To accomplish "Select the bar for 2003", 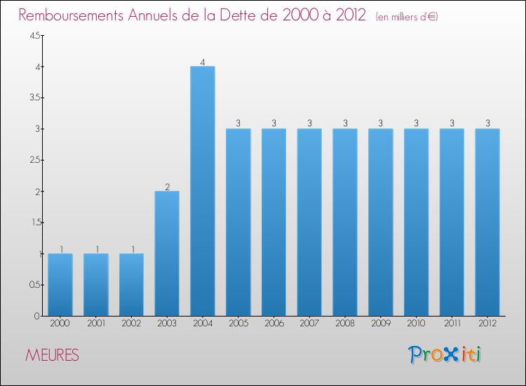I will (167, 253).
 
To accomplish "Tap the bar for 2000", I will (60, 284).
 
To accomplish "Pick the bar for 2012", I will (487, 222).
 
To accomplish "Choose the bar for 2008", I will (345, 222).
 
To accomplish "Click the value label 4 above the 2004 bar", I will (203, 62).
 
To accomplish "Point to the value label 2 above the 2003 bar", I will (167, 187).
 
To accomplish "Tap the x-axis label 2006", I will (274, 324).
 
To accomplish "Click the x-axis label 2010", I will (416, 324).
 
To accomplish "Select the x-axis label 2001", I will (95, 324).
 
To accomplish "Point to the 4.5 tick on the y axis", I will (34, 36).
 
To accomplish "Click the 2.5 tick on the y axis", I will (34, 160).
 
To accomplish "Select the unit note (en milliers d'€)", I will (407, 16).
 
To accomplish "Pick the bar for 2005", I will (238, 222).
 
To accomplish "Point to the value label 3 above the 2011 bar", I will (452, 124).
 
